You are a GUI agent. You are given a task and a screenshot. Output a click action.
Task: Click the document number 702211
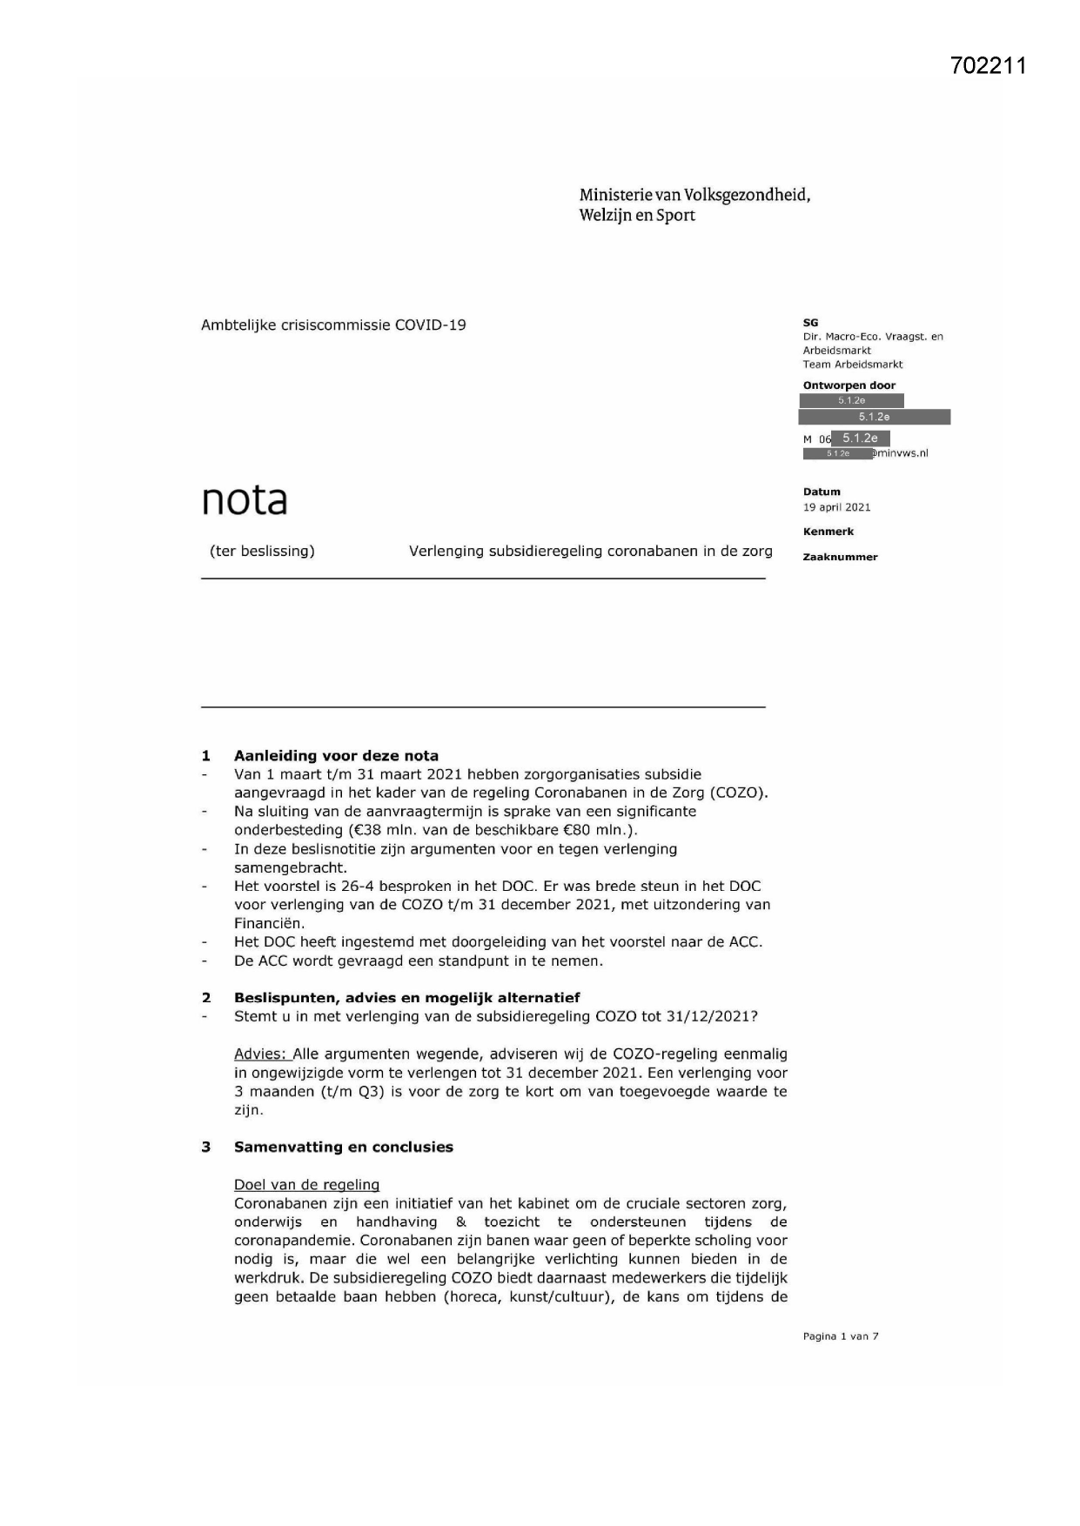[x=989, y=66]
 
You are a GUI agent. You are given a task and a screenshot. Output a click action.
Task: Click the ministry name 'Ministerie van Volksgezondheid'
[x=694, y=195]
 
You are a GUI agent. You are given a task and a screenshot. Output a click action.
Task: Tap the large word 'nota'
[x=245, y=499]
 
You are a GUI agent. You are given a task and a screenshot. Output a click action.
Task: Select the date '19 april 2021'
[x=836, y=507]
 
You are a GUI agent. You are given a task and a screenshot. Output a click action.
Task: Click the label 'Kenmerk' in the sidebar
[x=828, y=532]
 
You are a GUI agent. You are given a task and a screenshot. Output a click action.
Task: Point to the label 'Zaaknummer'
[x=840, y=557]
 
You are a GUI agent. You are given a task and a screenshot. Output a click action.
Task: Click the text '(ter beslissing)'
[x=262, y=551]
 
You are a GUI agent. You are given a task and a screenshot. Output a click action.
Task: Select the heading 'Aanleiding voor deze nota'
[x=336, y=755]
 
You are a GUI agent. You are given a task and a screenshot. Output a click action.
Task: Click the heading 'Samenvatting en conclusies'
[x=343, y=1147]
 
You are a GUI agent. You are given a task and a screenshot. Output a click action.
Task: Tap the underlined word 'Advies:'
[x=260, y=1054]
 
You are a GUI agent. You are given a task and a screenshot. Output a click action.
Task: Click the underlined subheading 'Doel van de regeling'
[x=306, y=1184]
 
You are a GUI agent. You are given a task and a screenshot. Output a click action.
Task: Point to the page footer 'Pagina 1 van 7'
[x=840, y=1336]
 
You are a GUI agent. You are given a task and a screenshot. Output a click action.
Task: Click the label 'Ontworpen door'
[x=849, y=385]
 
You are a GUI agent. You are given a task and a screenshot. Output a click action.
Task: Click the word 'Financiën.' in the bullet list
[x=269, y=923]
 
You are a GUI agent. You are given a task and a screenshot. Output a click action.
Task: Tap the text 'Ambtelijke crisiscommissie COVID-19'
[x=333, y=325]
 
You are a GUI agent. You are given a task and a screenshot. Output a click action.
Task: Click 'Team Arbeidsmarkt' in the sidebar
[x=852, y=365]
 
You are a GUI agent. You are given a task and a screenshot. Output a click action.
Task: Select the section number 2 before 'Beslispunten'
[x=206, y=998]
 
